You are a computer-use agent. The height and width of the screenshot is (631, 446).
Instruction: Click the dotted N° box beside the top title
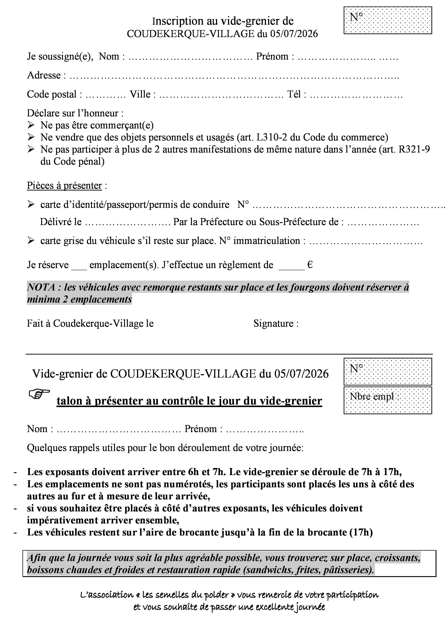pos(388,20)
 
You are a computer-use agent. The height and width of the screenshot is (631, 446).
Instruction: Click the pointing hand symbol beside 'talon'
pos(39,394)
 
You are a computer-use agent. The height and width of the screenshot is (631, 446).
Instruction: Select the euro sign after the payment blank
pos(310,265)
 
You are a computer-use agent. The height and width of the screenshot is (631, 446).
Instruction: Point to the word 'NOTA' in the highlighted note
pos(41,287)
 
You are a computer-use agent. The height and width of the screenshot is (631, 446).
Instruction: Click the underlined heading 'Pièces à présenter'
pos(64,185)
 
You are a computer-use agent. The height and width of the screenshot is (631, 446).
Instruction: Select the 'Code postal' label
pos(52,94)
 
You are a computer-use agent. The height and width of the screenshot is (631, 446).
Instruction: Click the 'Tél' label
pos(294,94)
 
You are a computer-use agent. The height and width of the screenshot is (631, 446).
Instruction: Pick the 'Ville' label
pos(140,94)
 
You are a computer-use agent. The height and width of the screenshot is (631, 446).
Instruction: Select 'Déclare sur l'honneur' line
pos(75,113)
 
